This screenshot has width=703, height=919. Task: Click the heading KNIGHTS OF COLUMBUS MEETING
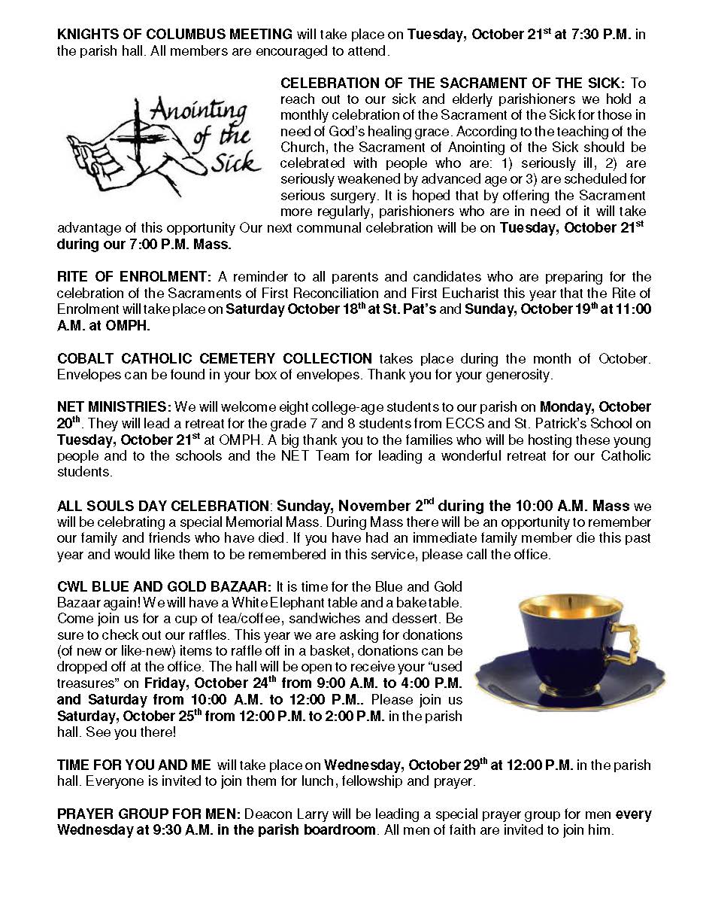pos(174,35)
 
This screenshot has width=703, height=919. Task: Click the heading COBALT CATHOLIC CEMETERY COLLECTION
pos(214,358)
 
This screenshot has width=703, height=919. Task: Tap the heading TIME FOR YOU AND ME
pos(134,765)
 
